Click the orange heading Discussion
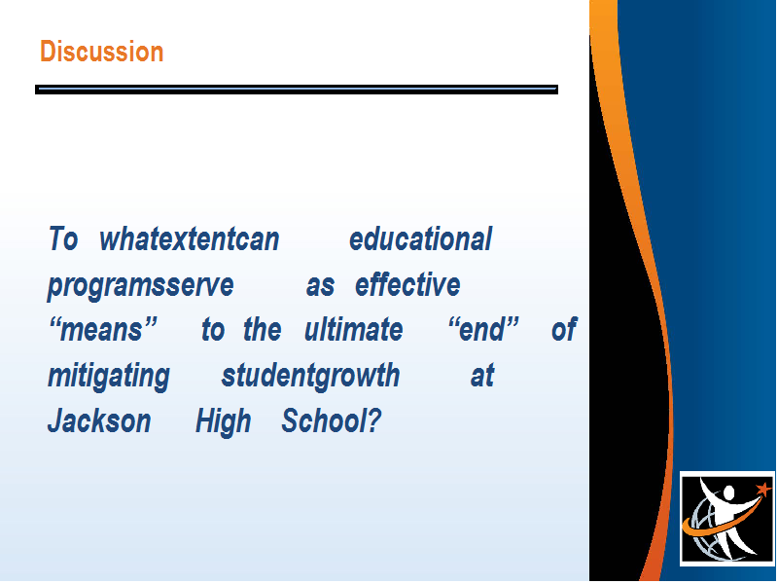pyautogui.click(x=102, y=52)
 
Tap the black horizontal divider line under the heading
pyautogui.click(x=297, y=90)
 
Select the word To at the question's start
pyautogui.click(x=63, y=238)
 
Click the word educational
pyautogui.click(x=421, y=238)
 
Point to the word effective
pyautogui.click(x=407, y=284)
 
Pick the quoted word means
pyautogui.click(x=103, y=330)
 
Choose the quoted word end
pyautogui.click(x=482, y=330)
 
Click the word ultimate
pyautogui.click(x=353, y=330)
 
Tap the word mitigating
pyautogui.click(x=109, y=377)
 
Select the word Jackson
pyautogui.click(x=99, y=421)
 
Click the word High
pyautogui.click(x=224, y=422)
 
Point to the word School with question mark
pyautogui.click(x=332, y=421)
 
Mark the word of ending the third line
pyautogui.click(x=564, y=329)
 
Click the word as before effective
pyautogui.click(x=320, y=286)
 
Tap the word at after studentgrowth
pyautogui.click(x=482, y=376)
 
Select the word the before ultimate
pyautogui.click(x=262, y=330)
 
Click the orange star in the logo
pyautogui.click(x=764, y=490)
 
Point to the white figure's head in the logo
pyautogui.click(x=727, y=493)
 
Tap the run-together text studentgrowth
pyautogui.click(x=310, y=376)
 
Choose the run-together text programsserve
pyautogui.click(x=140, y=285)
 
